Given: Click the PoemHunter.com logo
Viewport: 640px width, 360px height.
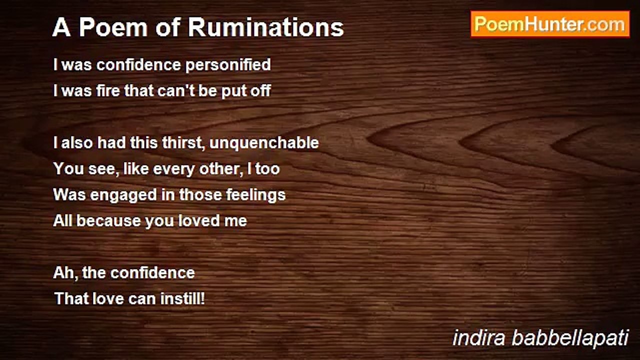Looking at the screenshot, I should [550, 24].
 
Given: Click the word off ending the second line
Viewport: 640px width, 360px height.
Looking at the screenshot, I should [260, 91].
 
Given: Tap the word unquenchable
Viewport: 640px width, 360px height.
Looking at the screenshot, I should [264, 143].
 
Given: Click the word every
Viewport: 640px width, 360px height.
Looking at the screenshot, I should [173, 169].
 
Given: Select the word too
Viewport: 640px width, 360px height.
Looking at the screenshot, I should [267, 169].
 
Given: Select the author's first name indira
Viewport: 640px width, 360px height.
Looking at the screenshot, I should [479, 338].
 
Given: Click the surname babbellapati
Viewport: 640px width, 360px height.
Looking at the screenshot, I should [570, 338].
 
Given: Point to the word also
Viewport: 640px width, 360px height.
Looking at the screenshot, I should [75, 143].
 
